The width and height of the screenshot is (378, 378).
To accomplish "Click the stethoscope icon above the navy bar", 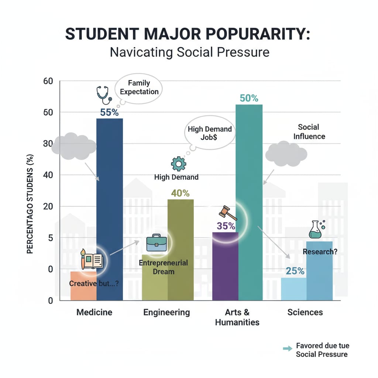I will (x=103, y=95).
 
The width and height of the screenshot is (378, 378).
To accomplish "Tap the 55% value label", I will (x=109, y=112).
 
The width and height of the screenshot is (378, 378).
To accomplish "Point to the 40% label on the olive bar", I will (x=181, y=193).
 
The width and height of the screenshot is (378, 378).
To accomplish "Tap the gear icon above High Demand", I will (x=179, y=164).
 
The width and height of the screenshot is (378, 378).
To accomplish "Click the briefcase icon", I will (x=156, y=243).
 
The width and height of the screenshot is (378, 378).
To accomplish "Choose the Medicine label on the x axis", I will (x=94, y=312).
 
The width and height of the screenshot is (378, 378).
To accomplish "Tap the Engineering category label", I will (x=166, y=312).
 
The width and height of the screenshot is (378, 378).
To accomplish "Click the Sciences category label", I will (x=305, y=312).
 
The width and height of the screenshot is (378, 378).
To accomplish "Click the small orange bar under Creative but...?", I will (x=83, y=292).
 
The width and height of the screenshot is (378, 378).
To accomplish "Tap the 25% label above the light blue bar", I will (x=295, y=271).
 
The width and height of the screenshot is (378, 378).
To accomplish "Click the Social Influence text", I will (x=309, y=132).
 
